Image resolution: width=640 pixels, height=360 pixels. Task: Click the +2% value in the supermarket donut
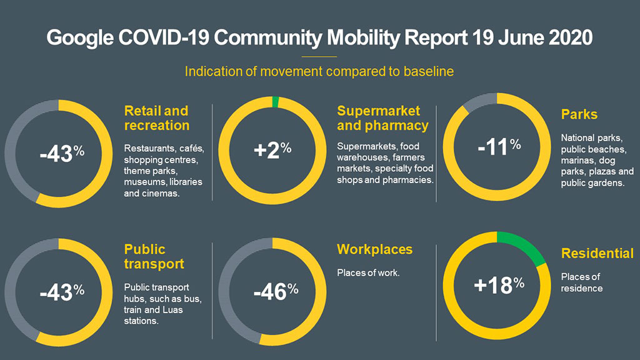[272, 149]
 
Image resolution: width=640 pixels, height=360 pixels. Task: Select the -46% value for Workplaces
[275, 291]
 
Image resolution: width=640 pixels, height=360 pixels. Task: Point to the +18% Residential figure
[498, 285]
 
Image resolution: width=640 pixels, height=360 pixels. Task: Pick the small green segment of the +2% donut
[276, 102]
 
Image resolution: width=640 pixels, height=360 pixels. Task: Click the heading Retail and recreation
[156, 118]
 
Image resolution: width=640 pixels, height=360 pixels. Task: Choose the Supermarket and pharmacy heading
[382, 118]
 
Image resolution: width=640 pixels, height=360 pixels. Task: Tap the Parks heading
[579, 115]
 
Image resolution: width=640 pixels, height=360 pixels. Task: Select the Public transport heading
[154, 256]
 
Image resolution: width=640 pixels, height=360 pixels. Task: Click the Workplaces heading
[374, 249]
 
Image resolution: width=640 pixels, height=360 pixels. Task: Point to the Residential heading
[597, 254]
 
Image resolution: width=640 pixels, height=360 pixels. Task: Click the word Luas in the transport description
[188, 311]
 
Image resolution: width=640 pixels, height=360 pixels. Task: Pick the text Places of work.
[368, 273]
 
